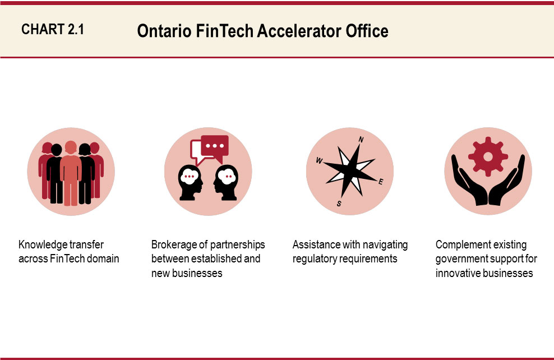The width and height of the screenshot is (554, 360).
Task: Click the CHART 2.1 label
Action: point(53,30)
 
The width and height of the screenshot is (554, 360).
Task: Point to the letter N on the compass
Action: point(361,140)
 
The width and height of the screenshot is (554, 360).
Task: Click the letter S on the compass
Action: point(339,204)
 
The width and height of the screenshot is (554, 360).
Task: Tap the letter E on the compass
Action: point(381,181)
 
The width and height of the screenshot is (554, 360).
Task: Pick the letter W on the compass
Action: point(319,161)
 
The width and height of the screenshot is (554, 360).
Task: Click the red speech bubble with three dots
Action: point(214,146)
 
